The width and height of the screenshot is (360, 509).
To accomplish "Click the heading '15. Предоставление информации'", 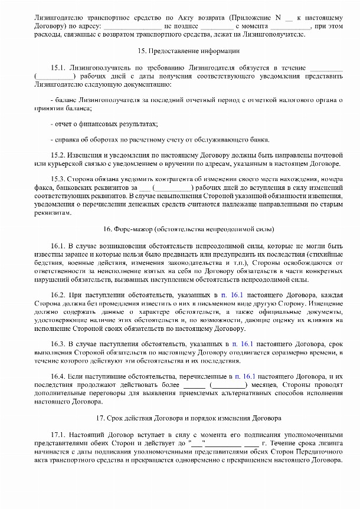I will tap(179, 52).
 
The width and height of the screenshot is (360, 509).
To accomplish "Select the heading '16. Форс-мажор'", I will tap(179, 228).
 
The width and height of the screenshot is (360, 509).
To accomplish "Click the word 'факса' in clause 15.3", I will tap(45, 186).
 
